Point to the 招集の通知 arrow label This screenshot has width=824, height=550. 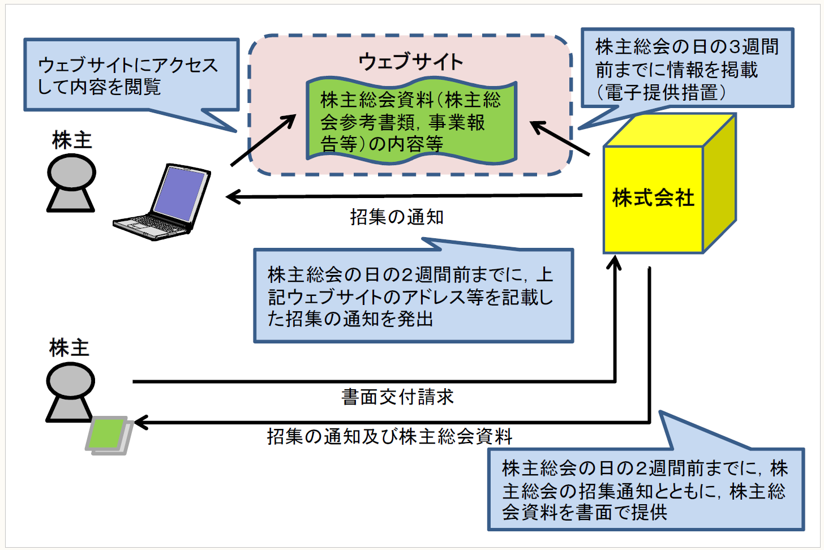397,217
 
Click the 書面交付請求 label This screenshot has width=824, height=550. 397,397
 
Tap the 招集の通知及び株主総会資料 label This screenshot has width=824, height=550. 390,436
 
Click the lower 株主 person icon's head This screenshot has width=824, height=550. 71,380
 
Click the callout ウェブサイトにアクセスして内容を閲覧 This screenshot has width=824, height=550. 131,75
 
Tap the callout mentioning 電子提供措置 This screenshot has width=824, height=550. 687,69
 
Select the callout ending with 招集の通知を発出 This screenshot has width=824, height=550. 414,297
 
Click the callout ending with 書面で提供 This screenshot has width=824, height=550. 645,490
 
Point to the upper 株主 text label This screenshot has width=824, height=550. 72,140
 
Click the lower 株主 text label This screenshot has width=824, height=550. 69,347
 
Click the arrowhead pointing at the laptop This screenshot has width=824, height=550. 232,197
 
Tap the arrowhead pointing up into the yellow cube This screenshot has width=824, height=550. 615,263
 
